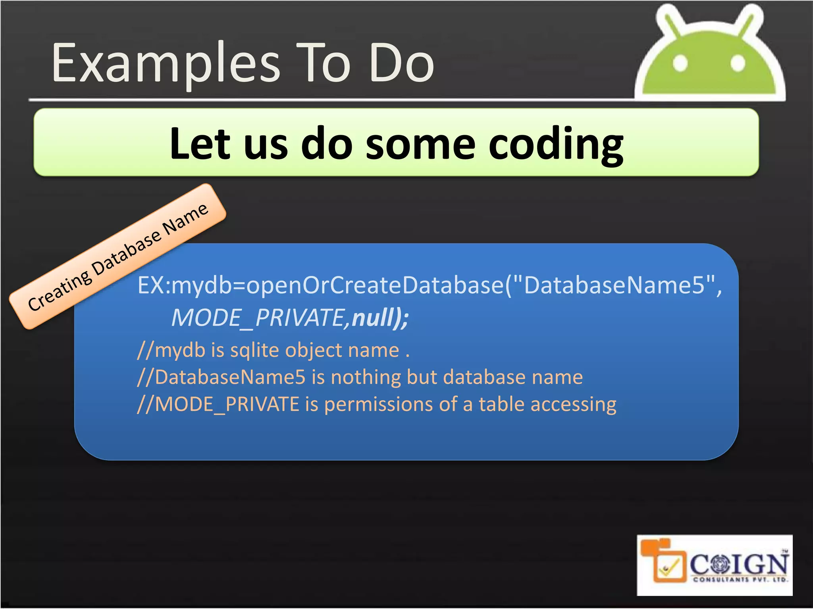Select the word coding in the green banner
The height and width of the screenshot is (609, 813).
(556, 144)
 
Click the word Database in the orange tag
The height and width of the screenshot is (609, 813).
(127, 253)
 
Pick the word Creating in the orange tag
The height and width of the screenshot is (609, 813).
(60, 291)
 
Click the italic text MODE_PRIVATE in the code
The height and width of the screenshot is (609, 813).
(258, 318)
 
